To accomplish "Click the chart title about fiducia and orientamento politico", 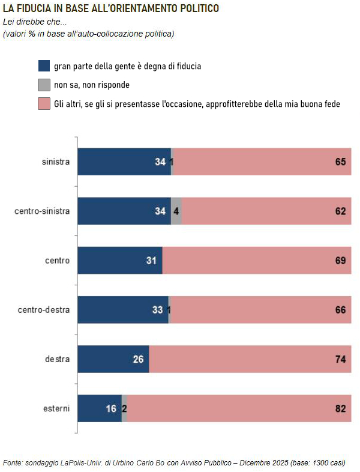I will click(x=110, y=8).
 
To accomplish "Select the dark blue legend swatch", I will click(x=44, y=66).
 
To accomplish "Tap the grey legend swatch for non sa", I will click(x=44, y=85).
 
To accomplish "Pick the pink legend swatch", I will click(x=44, y=104).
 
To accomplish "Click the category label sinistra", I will click(x=56, y=162).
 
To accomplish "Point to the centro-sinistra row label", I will click(x=42, y=211).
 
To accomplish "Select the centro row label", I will click(x=58, y=261).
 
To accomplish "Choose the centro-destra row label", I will click(x=44, y=310).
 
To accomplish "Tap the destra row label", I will click(x=58, y=359).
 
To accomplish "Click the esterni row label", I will click(x=56, y=408).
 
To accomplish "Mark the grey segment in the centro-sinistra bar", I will click(x=176, y=211).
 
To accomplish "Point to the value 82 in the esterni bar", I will click(x=341, y=409).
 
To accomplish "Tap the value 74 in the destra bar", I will click(x=341, y=360).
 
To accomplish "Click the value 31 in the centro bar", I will click(x=151, y=261).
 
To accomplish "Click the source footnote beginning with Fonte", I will click(x=174, y=463).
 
